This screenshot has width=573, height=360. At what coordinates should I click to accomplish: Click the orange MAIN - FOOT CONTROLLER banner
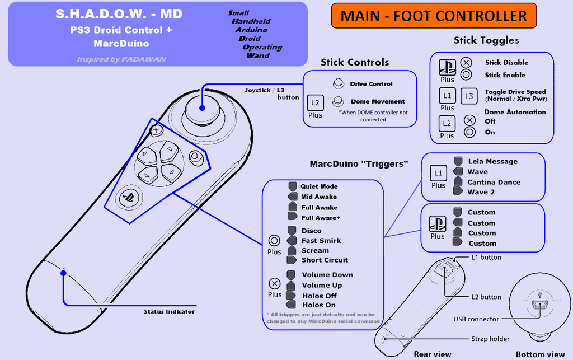pos(434,16)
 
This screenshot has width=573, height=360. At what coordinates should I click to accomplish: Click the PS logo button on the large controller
pos(128,197)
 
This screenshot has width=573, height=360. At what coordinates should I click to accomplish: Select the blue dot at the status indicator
pos(63,273)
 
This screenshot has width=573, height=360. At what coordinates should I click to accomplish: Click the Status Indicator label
pos(169,311)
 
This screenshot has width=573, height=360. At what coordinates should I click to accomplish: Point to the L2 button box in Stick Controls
pos(316,103)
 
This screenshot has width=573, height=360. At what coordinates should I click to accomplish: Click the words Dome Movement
pos(377,101)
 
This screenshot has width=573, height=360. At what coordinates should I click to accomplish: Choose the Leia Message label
pos(492,161)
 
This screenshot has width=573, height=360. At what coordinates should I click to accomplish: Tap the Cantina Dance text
pos(494,182)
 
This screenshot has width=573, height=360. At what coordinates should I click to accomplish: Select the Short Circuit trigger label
pos(325,260)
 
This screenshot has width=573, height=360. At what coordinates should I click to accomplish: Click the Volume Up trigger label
pos(322,285)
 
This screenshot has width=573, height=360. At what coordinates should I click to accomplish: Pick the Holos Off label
pos(320,296)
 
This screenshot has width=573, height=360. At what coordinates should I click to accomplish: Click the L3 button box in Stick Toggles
pos(470,96)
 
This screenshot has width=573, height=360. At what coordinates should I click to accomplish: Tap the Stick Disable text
pos(506,63)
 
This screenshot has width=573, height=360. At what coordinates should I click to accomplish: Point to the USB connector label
pos(476,319)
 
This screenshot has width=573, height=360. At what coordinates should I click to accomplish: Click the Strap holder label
pos(490,339)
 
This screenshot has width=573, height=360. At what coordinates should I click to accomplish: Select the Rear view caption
pos(432,354)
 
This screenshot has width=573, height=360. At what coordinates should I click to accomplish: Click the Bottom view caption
pos(540,354)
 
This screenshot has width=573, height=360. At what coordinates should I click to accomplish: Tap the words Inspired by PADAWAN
pos(121,59)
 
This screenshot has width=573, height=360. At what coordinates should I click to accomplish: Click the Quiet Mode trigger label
pos(319,186)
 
